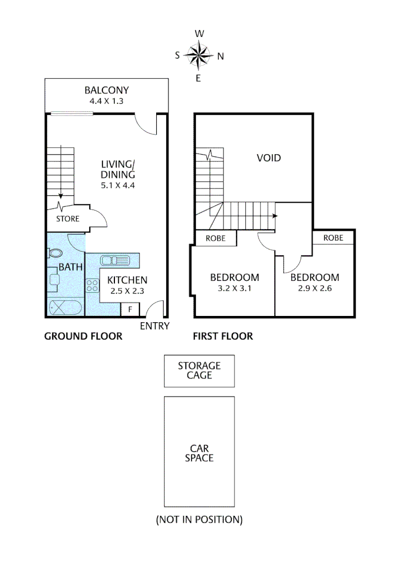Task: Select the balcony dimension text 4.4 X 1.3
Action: [x=107, y=101]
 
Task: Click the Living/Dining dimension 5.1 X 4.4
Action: [x=118, y=185]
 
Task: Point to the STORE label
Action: [x=68, y=219]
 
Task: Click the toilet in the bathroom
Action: [x=54, y=254]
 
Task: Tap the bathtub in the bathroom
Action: [x=65, y=309]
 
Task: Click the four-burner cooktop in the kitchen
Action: [x=93, y=286]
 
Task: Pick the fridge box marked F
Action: [x=130, y=310]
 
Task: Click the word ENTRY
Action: [x=155, y=326]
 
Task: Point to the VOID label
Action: [x=268, y=158]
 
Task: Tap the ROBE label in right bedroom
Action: [x=333, y=238]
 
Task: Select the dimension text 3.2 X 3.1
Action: [x=234, y=288]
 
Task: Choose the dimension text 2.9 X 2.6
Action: [x=315, y=288]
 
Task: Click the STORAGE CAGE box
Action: [x=199, y=371]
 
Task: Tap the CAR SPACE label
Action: [x=199, y=453]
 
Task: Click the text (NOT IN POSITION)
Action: [x=199, y=520]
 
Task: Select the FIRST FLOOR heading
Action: [x=223, y=336]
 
